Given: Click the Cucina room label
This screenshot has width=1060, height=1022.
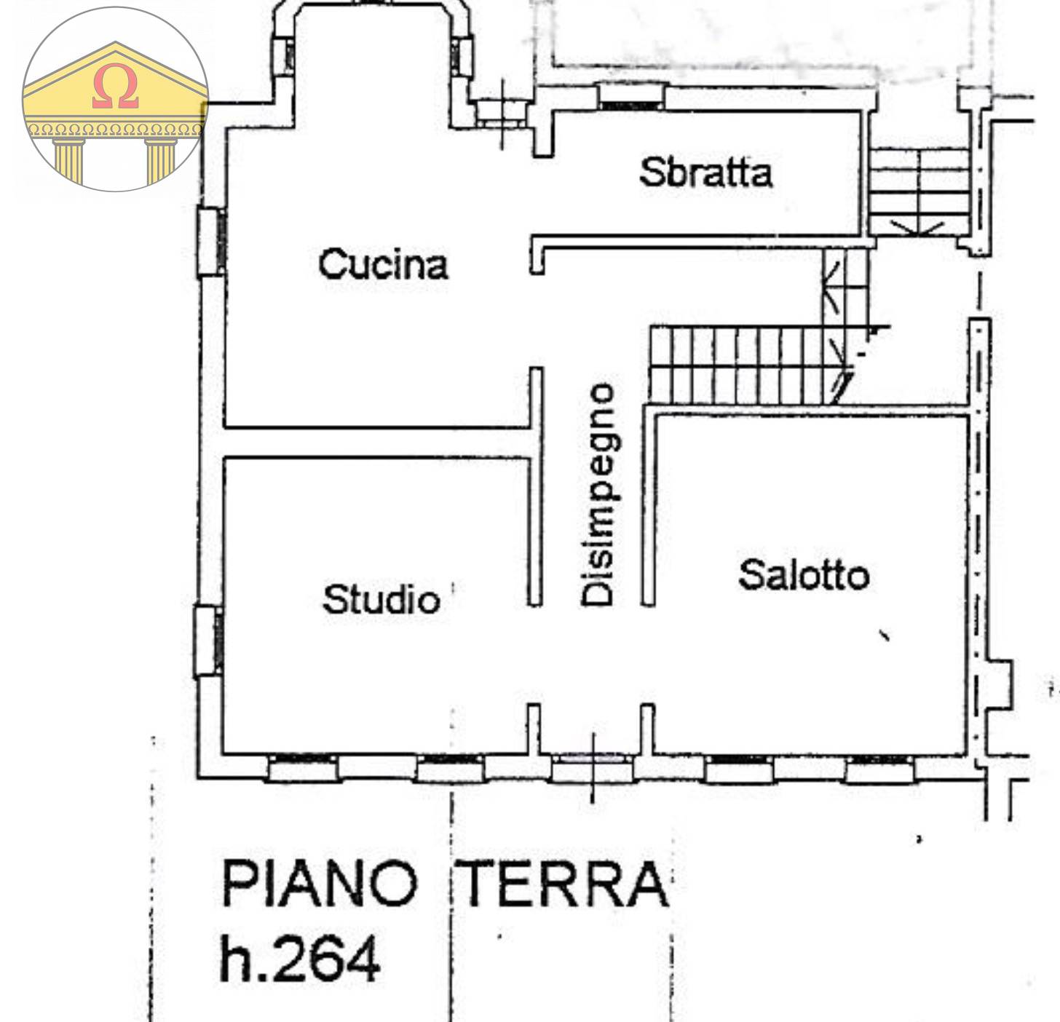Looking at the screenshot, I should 383,264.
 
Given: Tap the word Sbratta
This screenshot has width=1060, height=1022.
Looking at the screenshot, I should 705,173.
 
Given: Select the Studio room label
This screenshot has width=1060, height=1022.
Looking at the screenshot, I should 381,600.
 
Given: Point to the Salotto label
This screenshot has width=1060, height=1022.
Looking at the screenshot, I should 804,575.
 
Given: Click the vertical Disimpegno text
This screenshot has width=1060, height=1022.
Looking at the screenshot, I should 599,495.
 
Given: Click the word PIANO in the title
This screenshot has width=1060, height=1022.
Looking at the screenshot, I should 319,884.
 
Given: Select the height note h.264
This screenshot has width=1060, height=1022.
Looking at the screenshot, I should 299,958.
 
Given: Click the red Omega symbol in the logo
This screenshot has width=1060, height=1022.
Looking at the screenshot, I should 115,87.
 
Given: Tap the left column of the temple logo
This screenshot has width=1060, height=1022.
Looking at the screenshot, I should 68,160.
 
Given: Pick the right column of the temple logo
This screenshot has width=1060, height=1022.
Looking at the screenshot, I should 161,160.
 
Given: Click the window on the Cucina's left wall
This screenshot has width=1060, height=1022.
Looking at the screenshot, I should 211,242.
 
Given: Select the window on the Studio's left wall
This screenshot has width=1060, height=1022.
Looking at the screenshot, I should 208,641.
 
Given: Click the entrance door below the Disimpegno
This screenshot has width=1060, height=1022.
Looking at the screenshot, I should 591,767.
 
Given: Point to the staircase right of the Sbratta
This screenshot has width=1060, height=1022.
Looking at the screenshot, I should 919,191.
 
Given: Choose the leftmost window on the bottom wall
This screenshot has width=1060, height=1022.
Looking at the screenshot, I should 302,767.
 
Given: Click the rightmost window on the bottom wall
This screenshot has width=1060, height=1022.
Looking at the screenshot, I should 879,767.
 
